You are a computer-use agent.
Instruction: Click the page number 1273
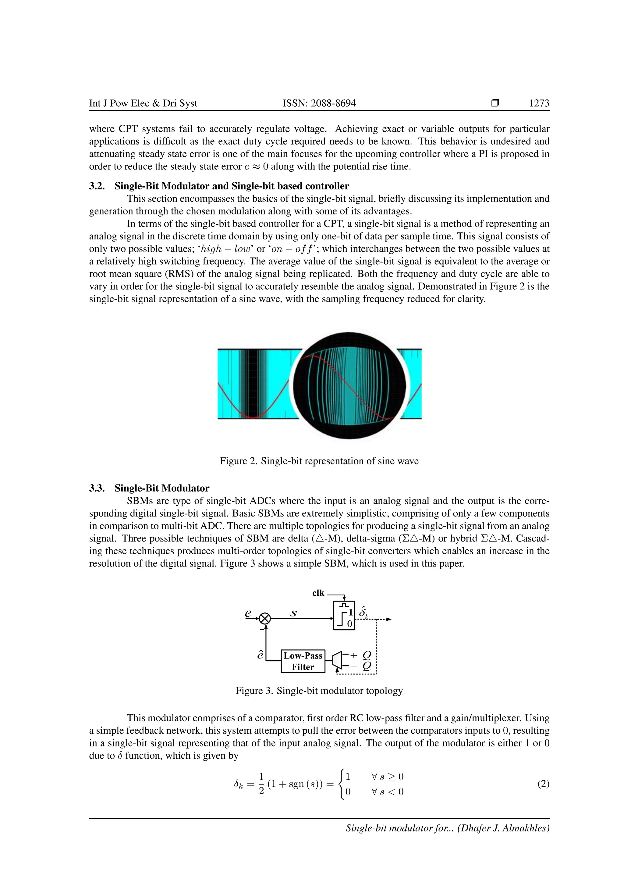click(x=539, y=103)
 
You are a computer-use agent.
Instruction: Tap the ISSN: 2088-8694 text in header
click(x=319, y=103)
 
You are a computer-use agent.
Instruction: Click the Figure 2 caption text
click(x=319, y=461)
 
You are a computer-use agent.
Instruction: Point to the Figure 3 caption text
click(x=319, y=691)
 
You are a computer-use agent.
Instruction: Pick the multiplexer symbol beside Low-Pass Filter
click(x=337, y=660)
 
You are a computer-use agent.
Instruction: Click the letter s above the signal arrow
click(x=293, y=613)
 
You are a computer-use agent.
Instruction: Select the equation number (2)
click(x=543, y=784)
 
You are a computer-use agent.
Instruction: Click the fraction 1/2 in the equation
click(x=261, y=784)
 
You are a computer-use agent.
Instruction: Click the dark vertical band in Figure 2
click(x=252, y=383)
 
